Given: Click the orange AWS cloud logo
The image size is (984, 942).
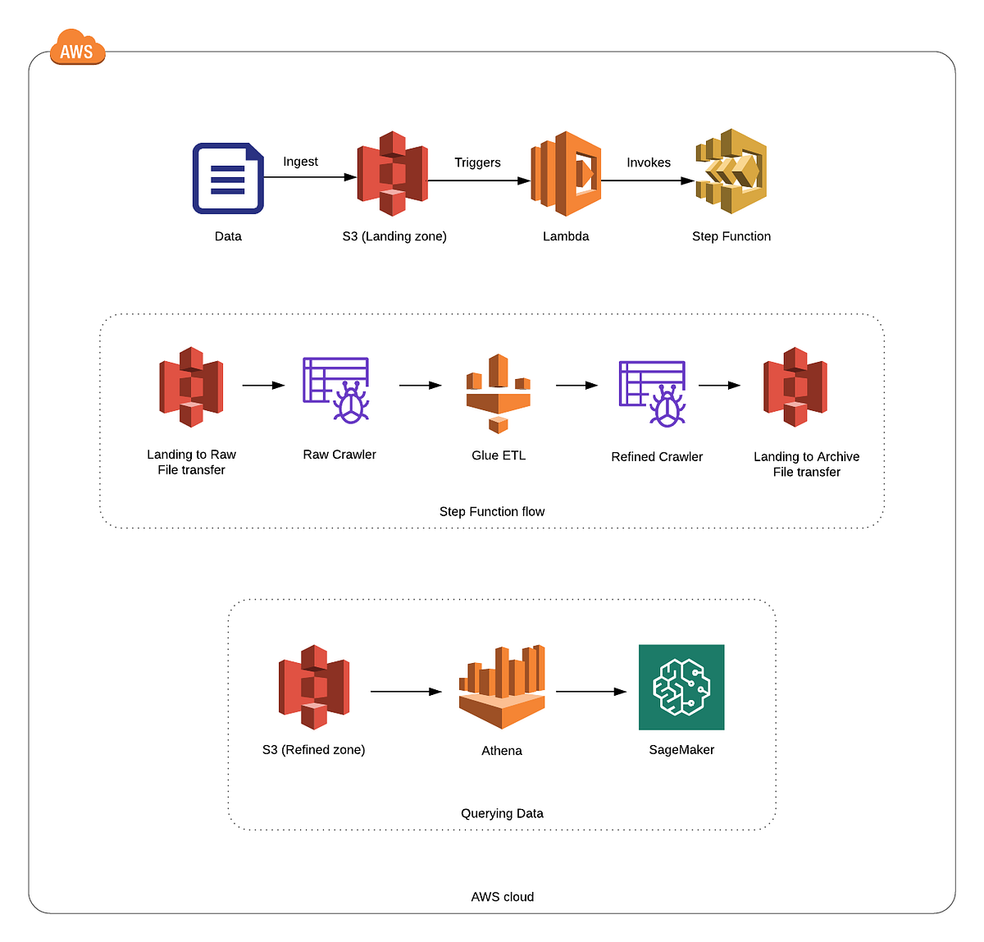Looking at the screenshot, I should [x=77, y=49].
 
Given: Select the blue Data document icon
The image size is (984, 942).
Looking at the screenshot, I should [x=228, y=178].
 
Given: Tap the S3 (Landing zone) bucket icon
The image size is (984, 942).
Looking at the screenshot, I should [x=392, y=173].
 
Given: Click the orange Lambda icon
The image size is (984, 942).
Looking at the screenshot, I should [x=566, y=173].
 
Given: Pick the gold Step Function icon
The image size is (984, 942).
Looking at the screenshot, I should [x=731, y=171].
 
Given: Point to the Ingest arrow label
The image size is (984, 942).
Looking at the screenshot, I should [x=300, y=162].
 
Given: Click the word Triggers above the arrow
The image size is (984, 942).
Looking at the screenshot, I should [x=477, y=162].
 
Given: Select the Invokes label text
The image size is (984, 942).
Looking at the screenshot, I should [x=649, y=162].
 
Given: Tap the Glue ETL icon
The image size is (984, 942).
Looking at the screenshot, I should [x=498, y=393].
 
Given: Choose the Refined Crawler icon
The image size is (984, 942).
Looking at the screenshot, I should [x=653, y=393].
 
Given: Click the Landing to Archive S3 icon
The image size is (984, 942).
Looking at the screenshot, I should [x=795, y=387].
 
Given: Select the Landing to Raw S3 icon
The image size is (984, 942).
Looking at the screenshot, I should [x=191, y=386].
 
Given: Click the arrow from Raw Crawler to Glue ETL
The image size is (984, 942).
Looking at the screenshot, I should [x=420, y=385].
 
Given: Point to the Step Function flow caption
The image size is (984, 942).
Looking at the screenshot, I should [x=492, y=511].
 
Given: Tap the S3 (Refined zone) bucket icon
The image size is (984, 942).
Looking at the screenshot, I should [x=314, y=687].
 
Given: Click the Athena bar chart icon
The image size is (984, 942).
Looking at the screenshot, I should [x=502, y=687].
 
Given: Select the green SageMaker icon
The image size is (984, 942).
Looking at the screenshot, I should [x=681, y=687].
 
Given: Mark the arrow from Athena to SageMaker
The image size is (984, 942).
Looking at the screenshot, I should [x=590, y=692].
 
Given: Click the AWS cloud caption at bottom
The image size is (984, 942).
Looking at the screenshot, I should [x=502, y=897].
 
